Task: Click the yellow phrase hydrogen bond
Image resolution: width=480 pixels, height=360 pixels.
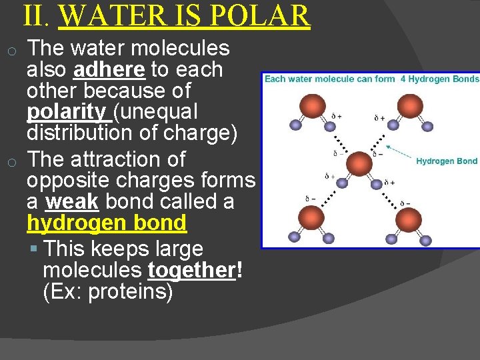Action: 107,223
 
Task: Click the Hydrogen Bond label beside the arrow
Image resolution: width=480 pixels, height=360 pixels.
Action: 447,161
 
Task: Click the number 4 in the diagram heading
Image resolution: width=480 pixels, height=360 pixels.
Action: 403,79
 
